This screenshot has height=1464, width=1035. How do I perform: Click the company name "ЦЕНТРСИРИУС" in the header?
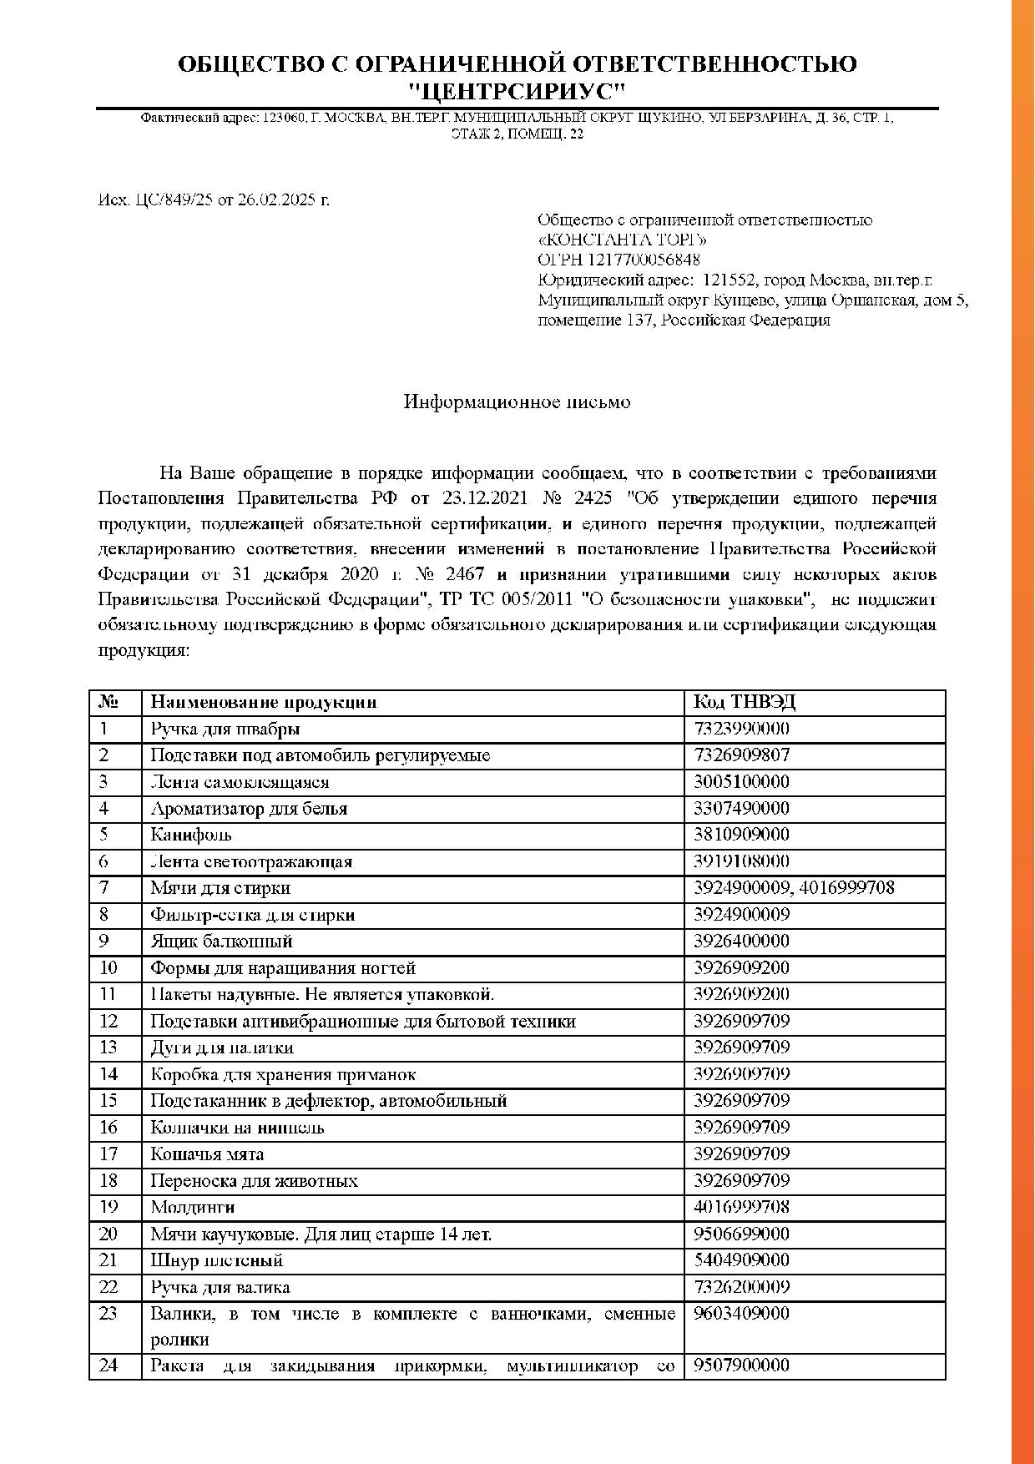coord(517,90)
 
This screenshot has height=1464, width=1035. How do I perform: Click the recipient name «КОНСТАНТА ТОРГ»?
coord(622,240)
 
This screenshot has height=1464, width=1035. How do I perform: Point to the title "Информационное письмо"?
coord(517,402)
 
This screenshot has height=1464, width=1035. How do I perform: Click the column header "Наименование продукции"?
coord(264,703)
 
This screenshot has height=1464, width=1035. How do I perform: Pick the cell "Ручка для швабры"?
coord(225,729)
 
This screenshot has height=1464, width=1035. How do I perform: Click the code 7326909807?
coord(741,755)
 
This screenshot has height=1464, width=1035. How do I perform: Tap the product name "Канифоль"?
coord(191,835)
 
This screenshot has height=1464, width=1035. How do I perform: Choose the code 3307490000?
coord(741,809)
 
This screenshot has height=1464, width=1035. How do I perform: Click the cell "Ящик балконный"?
coord(221,942)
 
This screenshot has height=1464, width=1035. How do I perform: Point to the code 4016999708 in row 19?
coord(741,1207)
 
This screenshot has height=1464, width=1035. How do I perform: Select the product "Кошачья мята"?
coord(207,1154)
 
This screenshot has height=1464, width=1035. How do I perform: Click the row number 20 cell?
coord(109,1234)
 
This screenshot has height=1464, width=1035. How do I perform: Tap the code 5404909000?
coord(741,1260)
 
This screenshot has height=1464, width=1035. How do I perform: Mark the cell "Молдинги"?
coord(193,1207)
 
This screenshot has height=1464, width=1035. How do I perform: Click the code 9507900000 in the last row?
coord(741,1366)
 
